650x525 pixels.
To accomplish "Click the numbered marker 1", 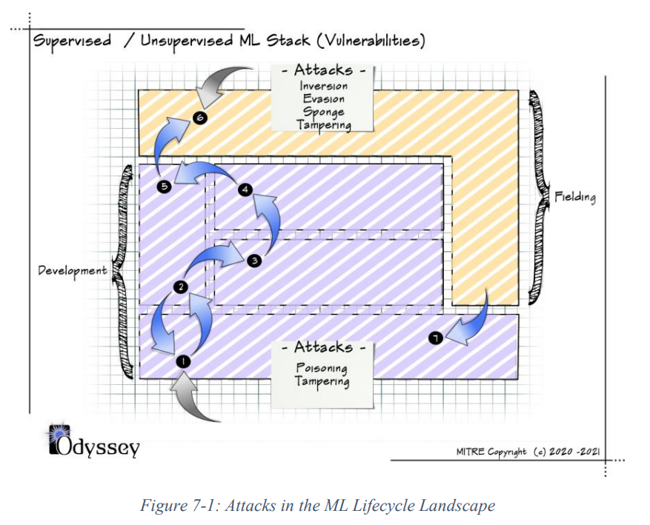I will click(x=182, y=361).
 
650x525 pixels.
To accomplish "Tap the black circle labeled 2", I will click(x=180, y=287).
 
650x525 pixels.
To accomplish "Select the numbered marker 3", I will click(x=253, y=260).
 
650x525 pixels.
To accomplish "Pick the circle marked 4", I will click(x=245, y=190).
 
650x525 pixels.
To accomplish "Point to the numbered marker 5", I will click(x=165, y=187).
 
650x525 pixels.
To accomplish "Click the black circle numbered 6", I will click(x=198, y=117).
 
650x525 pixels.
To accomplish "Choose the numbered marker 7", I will click(x=435, y=338).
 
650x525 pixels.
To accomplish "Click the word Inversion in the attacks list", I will click(x=324, y=87).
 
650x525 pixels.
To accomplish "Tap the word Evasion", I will click(x=324, y=98).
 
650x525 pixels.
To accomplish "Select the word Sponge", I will click(x=324, y=111).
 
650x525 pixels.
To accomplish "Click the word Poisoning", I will click(x=322, y=368).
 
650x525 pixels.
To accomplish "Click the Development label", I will click(x=72, y=270).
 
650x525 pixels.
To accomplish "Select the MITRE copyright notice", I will click(x=528, y=451).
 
